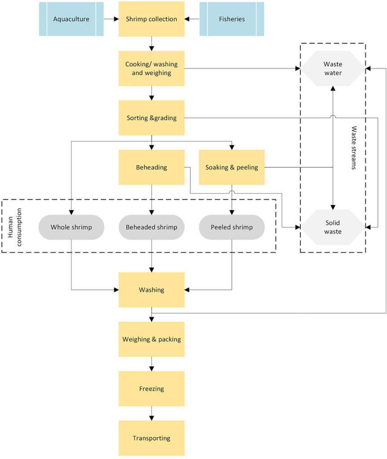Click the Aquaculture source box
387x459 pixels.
click(71, 19)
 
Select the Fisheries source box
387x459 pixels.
click(232, 19)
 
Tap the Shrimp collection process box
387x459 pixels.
click(151, 19)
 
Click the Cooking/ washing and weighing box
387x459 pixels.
click(151, 68)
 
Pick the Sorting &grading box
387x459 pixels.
click(151, 118)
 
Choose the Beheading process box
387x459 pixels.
click(151, 167)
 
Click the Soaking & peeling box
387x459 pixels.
click(232, 167)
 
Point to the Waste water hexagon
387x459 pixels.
click(332, 68)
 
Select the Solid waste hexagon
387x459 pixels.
click(332, 227)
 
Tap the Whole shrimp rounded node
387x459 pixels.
click(71, 227)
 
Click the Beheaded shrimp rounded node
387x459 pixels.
click(151, 227)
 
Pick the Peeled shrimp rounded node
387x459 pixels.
click(232, 227)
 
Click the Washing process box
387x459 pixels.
click(151, 290)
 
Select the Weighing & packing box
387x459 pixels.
click(151, 339)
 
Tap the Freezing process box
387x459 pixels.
click(151, 389)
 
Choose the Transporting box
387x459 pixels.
click(151, 438)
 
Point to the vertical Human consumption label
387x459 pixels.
click(12, 226)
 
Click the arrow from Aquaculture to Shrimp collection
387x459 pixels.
click(111, 19)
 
